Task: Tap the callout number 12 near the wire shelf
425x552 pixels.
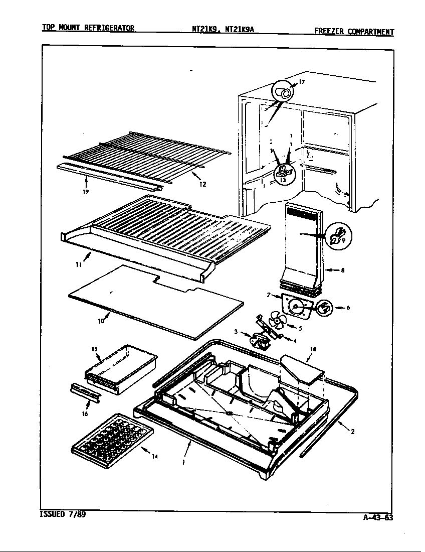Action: (x=203, y=184)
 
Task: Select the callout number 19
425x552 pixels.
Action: (x=86, y=192)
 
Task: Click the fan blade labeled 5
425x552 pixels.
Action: (x=277, y=319)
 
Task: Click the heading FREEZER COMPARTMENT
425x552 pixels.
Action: (x=354, y=32)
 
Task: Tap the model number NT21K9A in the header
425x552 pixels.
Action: (x=240, y=29)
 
